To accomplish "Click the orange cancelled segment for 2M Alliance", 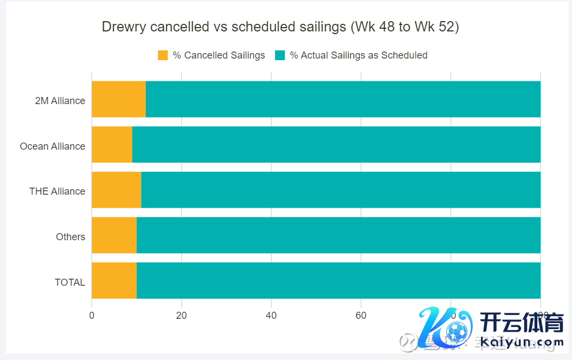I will click(119, 99).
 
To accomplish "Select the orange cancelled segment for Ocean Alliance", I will click(112, 145).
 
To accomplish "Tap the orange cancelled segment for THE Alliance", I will click(116, 190).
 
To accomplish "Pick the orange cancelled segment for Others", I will click(114, 235).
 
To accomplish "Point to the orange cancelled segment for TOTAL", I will click(114, 280).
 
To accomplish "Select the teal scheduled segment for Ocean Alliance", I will click(336, 145).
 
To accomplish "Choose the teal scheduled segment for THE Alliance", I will click(340, 190).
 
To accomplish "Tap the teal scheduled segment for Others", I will click(338, 235).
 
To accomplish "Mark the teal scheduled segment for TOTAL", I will click(338, 280).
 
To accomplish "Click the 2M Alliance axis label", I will click(60, 101).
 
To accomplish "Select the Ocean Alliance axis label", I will click(53, 146).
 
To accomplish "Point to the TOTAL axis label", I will click(70, 282).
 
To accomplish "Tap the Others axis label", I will click(70, 237).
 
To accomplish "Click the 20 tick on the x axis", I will click(182, 316).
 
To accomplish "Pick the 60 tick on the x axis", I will click(361, 316).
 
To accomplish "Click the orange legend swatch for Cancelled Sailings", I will click(163, 55).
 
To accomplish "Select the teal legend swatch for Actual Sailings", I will click(280, 55).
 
